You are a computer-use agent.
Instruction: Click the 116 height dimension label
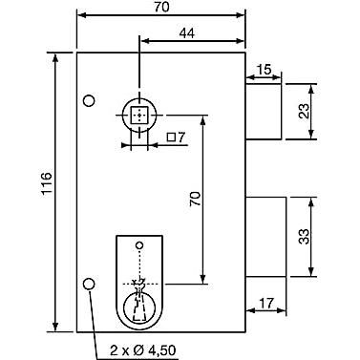point(47,183)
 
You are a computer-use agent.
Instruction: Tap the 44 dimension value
point(187,33)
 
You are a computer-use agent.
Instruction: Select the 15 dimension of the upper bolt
point(265,69)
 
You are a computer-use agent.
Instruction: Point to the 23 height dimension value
point(305,112)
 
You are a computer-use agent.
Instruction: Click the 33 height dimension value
point(305,237)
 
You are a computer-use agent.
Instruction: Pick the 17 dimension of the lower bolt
point(266,304)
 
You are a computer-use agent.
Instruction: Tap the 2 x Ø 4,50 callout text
point(143,350)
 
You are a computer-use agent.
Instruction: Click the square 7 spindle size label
point(176,138)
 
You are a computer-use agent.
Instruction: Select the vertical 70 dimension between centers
point(195,199)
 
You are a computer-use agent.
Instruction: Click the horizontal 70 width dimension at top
point(161,7)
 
